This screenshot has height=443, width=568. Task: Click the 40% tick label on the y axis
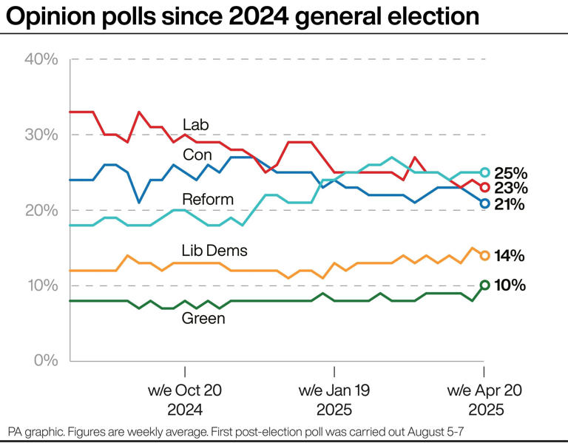tap(41, 59)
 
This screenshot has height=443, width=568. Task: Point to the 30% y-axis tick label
tap(41, 135)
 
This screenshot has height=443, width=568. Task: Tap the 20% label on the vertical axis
tap(41, 210)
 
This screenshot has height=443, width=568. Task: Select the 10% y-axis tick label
tap(41, 285)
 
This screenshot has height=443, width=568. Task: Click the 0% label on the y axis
tap(46, 361)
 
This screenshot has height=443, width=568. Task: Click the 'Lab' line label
tap(197, 124)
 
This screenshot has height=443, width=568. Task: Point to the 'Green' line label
tap(203, 319)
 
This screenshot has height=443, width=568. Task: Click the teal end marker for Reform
tap(485, 172)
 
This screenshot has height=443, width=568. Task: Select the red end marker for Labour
tap(485, 187)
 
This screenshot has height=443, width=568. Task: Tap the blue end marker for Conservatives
tap(485, 203)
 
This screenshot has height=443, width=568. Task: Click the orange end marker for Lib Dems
tap(485, 255)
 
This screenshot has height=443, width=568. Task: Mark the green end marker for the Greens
tap(485, 285)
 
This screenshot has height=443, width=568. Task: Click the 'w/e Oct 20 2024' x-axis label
tap(185, 399)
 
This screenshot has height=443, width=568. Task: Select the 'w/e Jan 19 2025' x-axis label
tap(334, 399)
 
